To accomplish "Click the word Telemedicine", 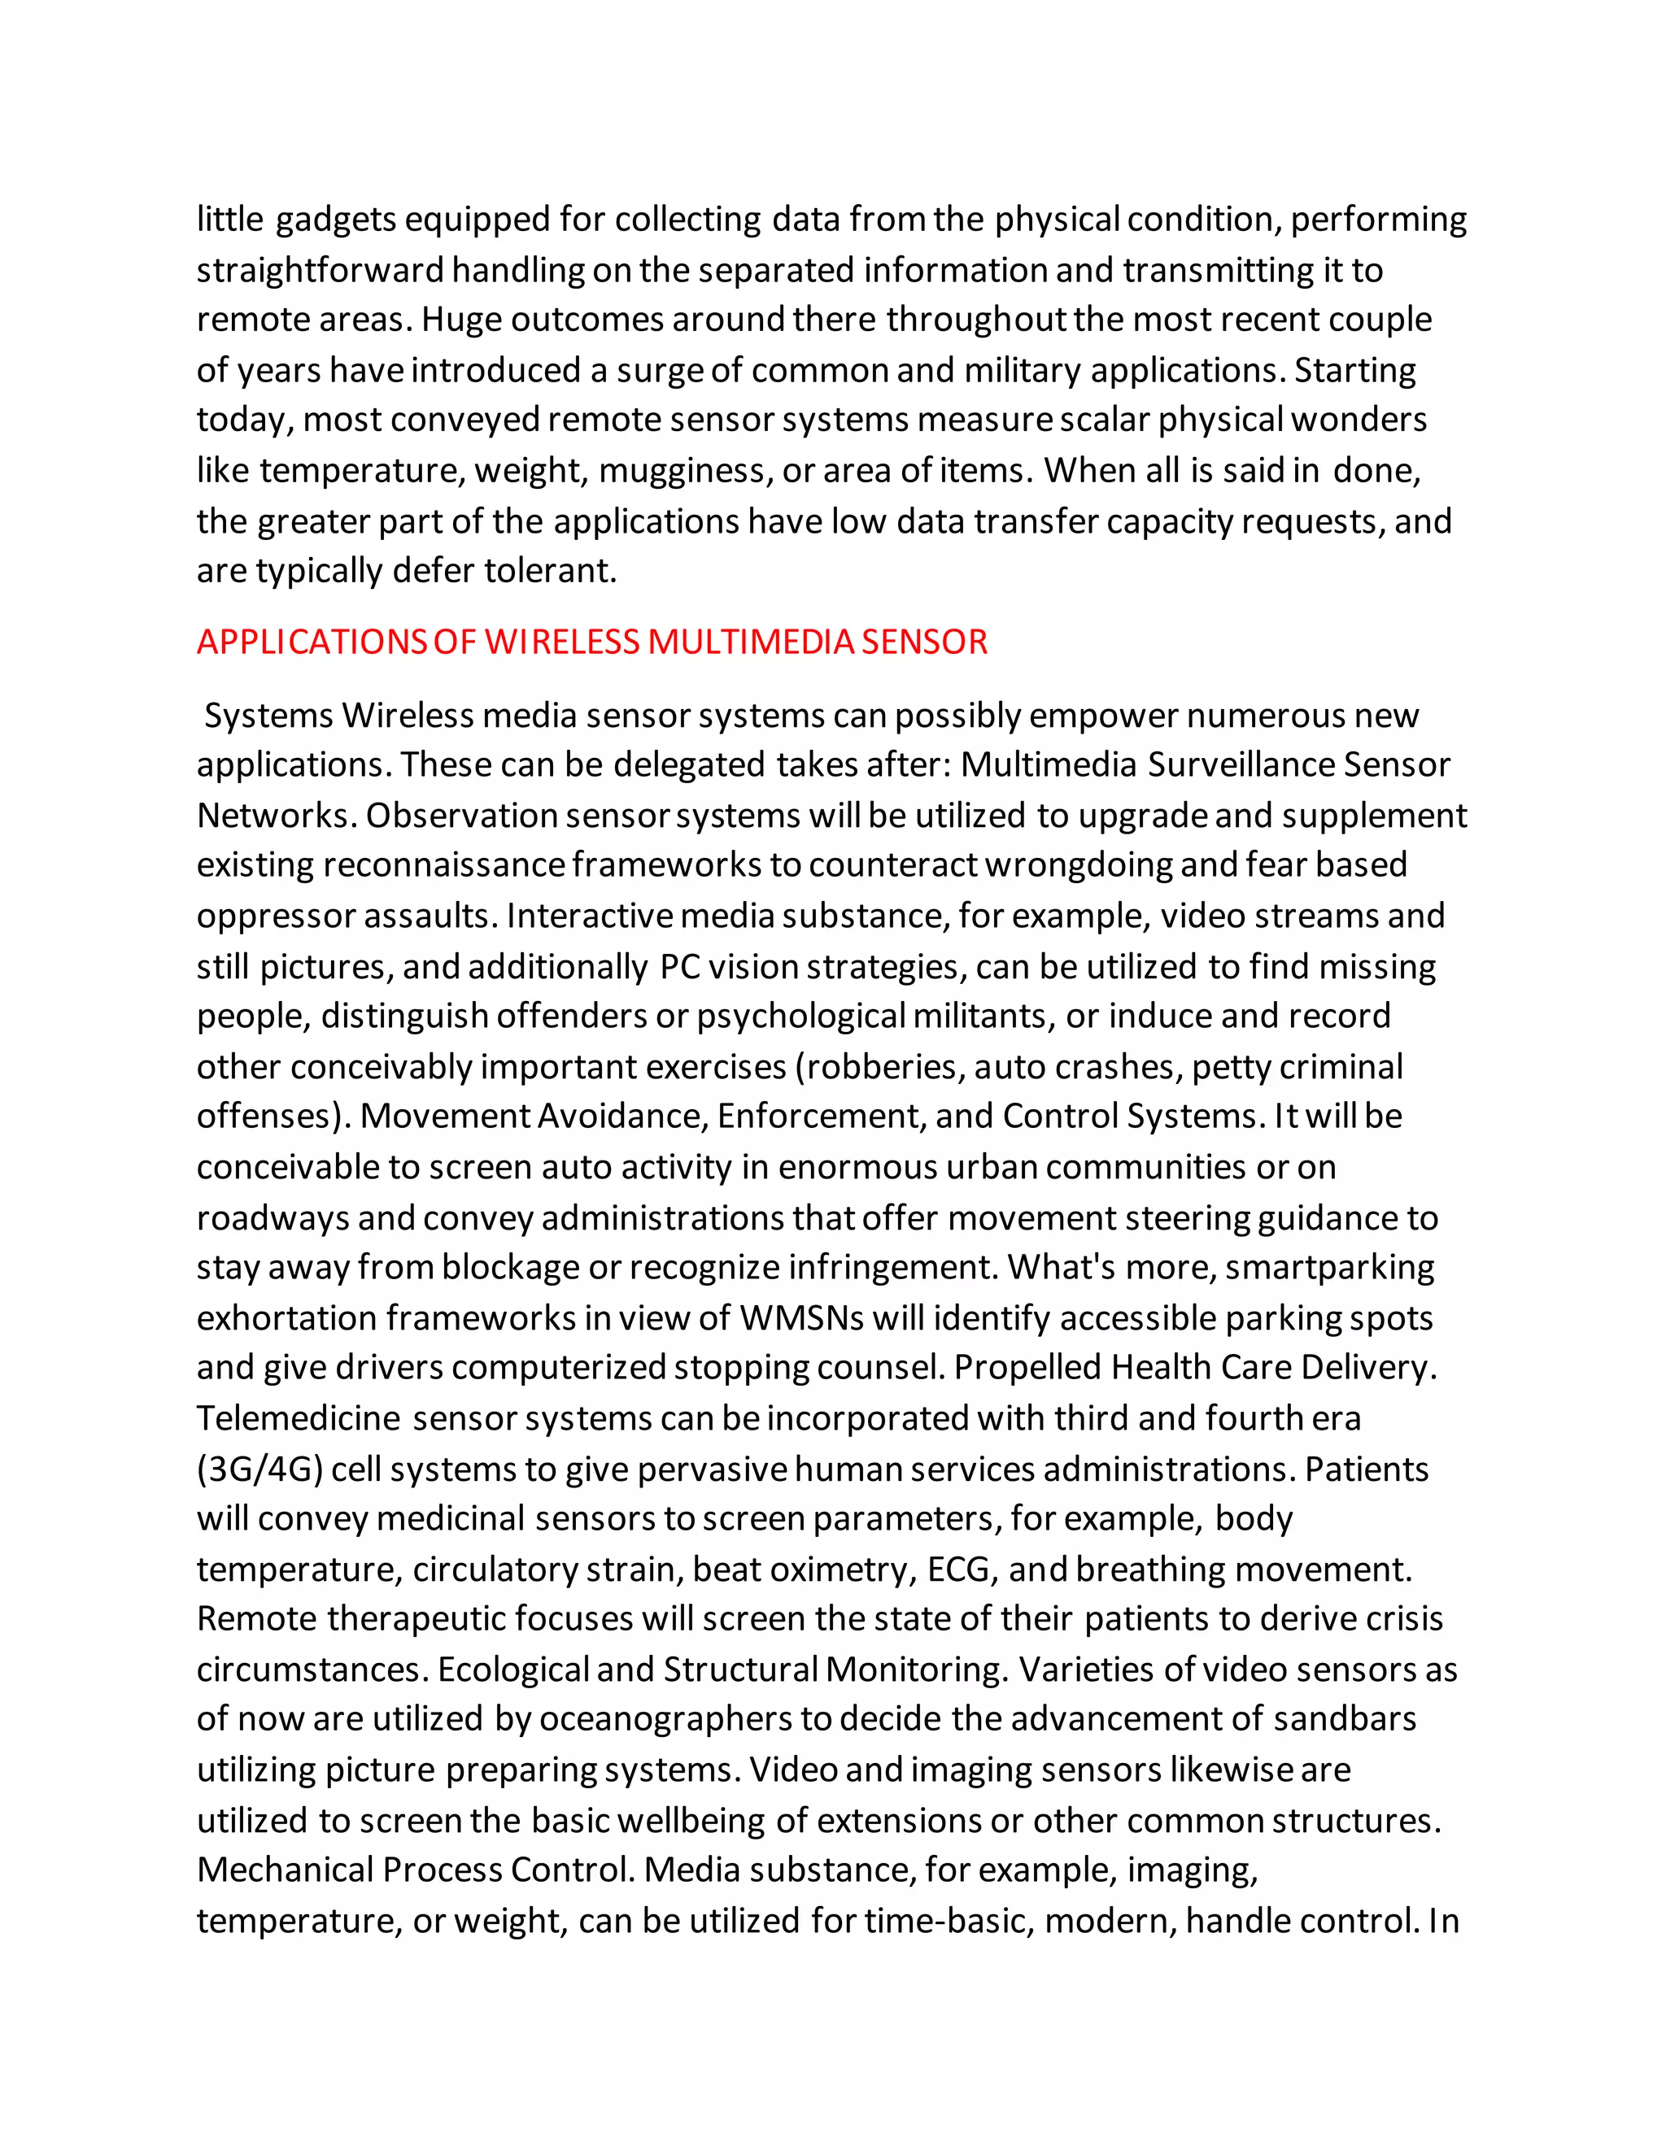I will click(298, 1419).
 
